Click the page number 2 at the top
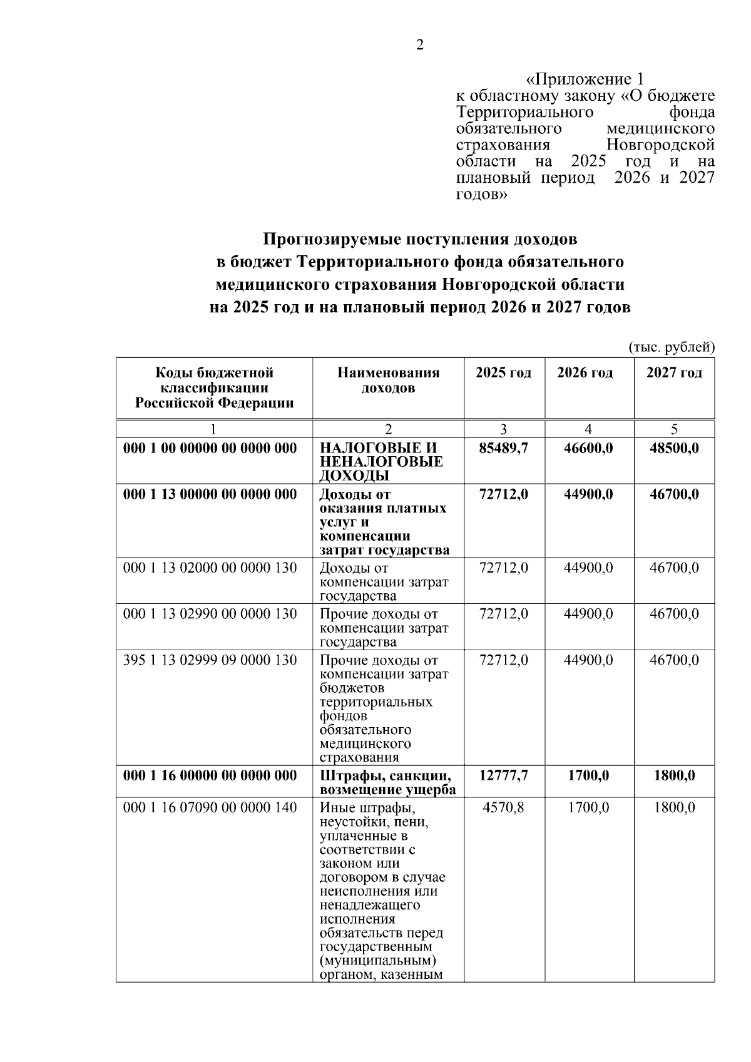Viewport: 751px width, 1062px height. point(420,45)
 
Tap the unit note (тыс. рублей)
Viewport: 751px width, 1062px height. point(671,347)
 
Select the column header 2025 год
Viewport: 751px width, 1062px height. point(504,374)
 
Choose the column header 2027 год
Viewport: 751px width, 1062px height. point(674,374)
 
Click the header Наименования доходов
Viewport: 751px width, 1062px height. point(388,380)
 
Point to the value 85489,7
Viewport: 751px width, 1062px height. point(504,449)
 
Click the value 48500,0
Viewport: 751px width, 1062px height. point(674,449)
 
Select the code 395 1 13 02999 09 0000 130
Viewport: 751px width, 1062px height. point(210,661)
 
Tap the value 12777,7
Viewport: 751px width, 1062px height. point(504,776)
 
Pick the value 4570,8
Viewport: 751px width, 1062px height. point(504,808)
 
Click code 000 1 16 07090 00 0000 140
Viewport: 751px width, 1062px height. point(210,808)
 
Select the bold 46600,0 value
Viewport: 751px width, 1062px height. point(588,449)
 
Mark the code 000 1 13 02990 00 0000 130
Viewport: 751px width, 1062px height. point(210,615)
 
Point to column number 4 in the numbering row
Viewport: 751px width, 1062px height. point(588,429)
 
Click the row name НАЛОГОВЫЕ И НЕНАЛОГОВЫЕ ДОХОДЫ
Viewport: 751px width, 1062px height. point(381,462)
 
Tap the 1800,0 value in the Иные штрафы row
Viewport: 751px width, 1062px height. point(674,808)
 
